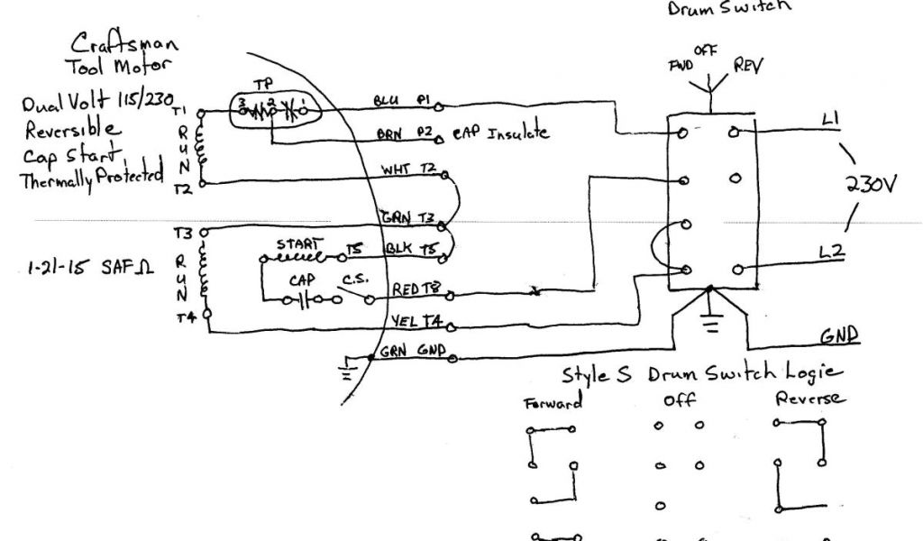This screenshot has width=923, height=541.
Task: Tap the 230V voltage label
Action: click(871, 186)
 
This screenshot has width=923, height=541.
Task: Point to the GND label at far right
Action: click(838, 335)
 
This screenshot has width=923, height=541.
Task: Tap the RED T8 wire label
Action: click(417, 289)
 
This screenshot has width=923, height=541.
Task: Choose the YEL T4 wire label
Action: click(416, 319)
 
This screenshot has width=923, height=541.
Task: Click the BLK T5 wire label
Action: click(410, 247)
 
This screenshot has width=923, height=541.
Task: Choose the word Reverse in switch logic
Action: click(809, 399)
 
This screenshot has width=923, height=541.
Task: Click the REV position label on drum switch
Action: click(749, 67)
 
